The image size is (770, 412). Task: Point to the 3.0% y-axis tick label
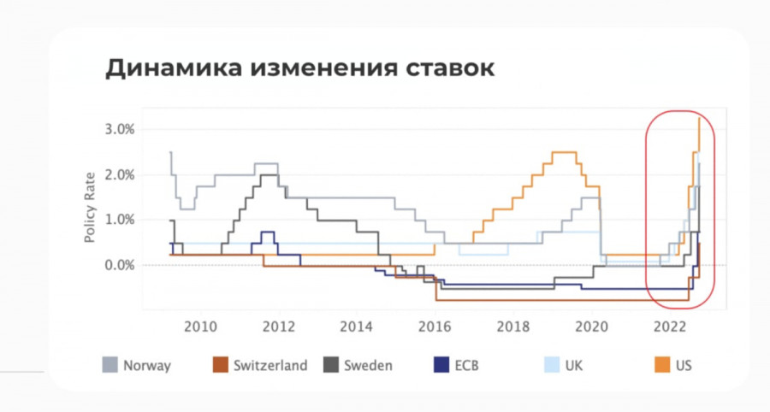120,130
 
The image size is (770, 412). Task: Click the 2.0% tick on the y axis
120,175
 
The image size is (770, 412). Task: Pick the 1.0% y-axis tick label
120,220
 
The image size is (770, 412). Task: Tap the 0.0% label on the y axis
120,265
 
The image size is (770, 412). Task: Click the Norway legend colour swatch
110,365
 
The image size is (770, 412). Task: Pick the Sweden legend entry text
368,366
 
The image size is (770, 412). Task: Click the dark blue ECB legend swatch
441,365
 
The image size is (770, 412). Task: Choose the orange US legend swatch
662,365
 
